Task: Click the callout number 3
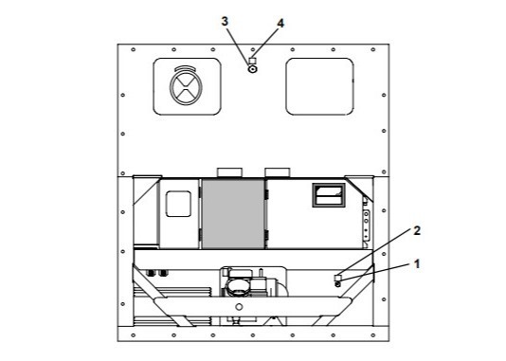pyautogui.click(x=225, y=21)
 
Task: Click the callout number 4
pyautogui.click(x=280, y=24)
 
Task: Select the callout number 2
pyautogui.click(x=417, y=230)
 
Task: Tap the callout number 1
pyautogui.click(x=417, y=264)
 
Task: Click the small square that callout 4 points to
pyautogui.click(x=253, y=61)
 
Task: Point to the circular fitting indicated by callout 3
pyautogui.click(x=252, y=69)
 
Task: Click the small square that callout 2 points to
pyautogui.click(x=337, y=278)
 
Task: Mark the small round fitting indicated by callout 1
pyautogui.click(x=338, y=284)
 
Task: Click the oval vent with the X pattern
pyautogui.click(x=186, y=87)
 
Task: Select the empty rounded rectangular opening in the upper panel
pyautogui.click(x=319, y=86)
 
